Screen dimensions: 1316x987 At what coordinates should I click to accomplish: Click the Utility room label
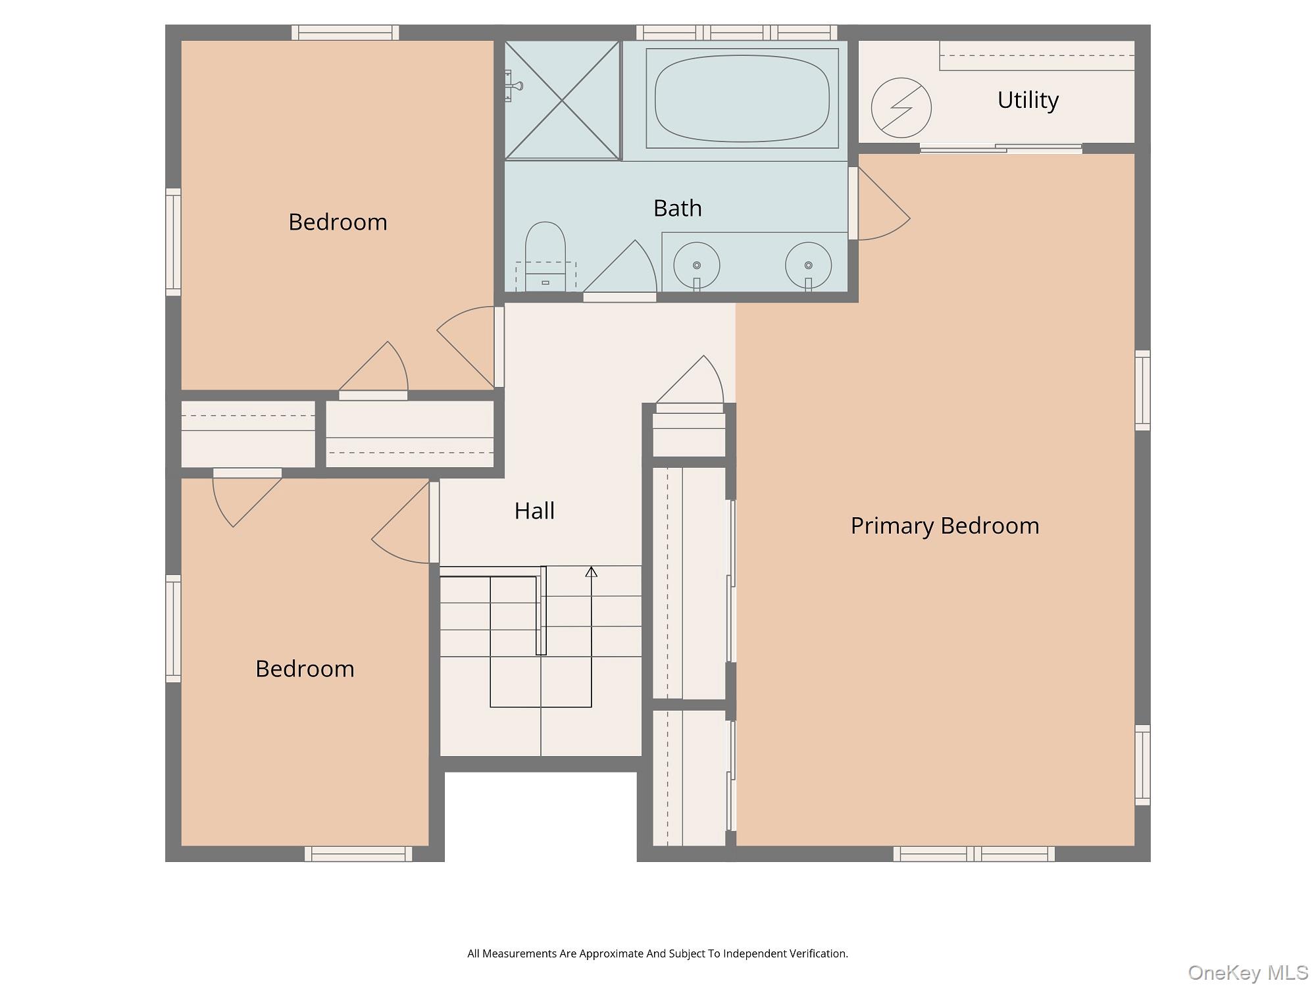coord(1028,100)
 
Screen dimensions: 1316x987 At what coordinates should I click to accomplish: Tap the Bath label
coord(677,208)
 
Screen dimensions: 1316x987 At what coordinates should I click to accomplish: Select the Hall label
coord(534,511)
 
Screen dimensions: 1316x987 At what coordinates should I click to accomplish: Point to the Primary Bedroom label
coord(945,526)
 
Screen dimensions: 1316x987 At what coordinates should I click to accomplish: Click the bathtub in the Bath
coord(742,98)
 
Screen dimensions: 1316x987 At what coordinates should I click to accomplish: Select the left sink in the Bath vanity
coord(697,266)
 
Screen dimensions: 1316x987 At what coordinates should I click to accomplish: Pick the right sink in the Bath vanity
coord(808,266)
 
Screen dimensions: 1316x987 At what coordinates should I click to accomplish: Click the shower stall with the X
coord(563,100)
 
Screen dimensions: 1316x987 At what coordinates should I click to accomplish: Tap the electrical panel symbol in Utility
coord(901,108)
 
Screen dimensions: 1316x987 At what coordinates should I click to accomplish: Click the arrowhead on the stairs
coord(592,572)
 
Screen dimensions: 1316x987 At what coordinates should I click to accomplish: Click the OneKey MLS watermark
coord(1248,973)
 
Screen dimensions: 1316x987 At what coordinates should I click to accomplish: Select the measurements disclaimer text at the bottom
coord(657,953)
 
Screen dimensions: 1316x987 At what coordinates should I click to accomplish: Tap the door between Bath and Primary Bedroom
coord(879,203)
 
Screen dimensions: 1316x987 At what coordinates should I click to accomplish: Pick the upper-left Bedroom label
coord(338,222)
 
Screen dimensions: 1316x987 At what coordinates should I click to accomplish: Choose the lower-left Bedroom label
coord(305,669)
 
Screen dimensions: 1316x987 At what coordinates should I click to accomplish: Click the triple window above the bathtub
coord(737,32)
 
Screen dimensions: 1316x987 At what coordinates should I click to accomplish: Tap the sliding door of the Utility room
coord(1001,149)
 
